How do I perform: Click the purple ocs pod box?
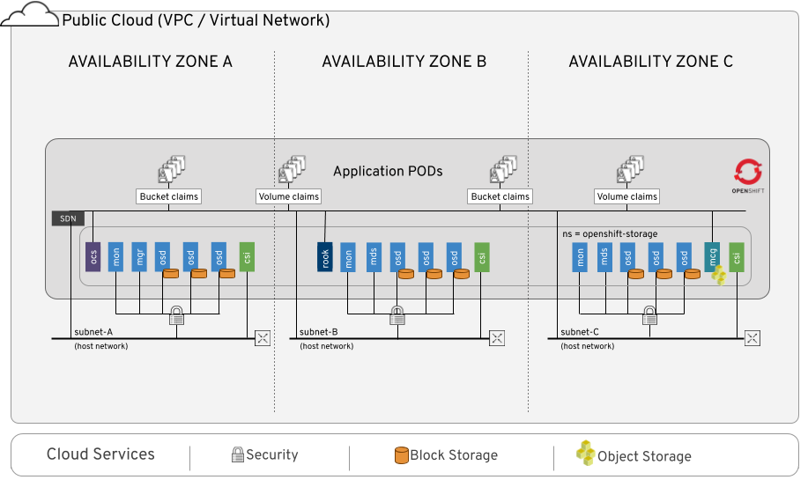[x=93, y=257]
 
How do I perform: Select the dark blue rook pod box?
[x=325, y=257]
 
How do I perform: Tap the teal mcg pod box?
[x=713, y=256]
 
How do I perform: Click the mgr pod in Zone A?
[x=139, y=257]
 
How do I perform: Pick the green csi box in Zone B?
[x=481, y=257]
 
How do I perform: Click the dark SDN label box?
[x=68, y=218]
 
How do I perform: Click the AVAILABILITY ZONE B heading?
[x=404, y=62]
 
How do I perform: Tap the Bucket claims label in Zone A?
[x=169, y=196]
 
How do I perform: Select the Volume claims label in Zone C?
[x=626, y=196]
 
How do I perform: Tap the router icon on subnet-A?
[x=262, y=338]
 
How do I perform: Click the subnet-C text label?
[x=579, y=332]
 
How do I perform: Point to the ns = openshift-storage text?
[x=610, y=233]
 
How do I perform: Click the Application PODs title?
[x=388, y=171]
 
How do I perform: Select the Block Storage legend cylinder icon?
[x=401, y=455]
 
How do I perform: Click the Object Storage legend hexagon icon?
[x=585, y=454]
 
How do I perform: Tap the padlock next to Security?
[x=237, y=455]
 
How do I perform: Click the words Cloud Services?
[x=100, y=454]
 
